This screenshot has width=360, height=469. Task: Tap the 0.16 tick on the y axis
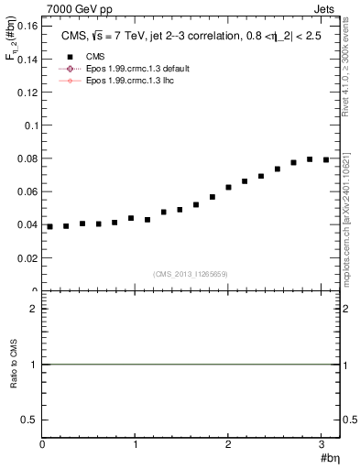27,27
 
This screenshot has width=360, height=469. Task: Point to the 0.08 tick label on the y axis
27,158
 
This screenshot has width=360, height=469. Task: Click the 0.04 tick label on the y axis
27,225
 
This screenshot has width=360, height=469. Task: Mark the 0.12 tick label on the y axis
27,93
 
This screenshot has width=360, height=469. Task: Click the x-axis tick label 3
322,444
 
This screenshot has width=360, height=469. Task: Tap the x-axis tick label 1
136,444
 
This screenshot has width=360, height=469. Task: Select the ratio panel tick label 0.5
28,419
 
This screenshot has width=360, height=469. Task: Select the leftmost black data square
50,226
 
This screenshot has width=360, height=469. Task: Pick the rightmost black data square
326,159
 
